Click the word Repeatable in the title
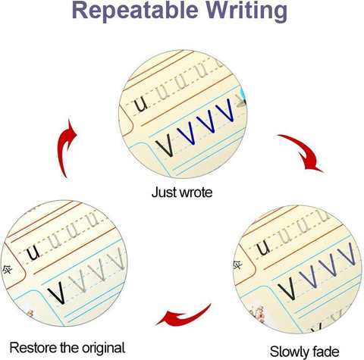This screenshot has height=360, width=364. [135, 11]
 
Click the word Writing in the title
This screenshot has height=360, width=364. [246, 11]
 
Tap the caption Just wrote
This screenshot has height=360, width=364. [182, 193]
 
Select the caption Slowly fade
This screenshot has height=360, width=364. [304, 352]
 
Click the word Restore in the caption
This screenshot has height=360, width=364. [33, 348]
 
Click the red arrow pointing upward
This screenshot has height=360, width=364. [65, 148]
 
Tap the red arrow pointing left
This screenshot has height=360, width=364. [184, 316]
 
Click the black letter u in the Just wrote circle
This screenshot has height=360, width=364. [141, 105]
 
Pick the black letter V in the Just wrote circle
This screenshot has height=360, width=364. [165, 145]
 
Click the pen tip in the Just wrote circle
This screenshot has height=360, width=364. [241, 101]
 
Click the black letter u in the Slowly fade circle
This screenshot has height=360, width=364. [263, 247]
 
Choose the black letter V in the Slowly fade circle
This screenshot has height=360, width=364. [287, 288]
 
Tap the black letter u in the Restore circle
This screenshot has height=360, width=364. [33, 252]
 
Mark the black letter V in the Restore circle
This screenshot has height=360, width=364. [57, 293]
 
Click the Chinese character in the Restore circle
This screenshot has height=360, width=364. [7, 270]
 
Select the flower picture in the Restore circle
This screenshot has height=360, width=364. [30, 313]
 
